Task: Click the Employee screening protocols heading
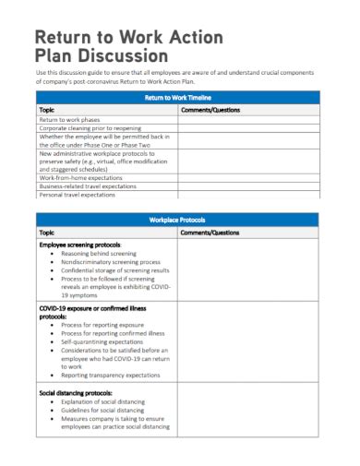point(81,245)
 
